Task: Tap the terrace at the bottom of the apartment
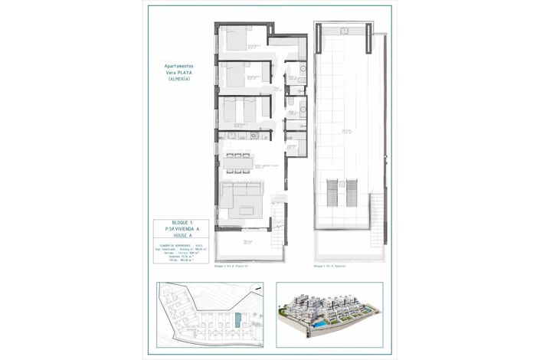[244, 246]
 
